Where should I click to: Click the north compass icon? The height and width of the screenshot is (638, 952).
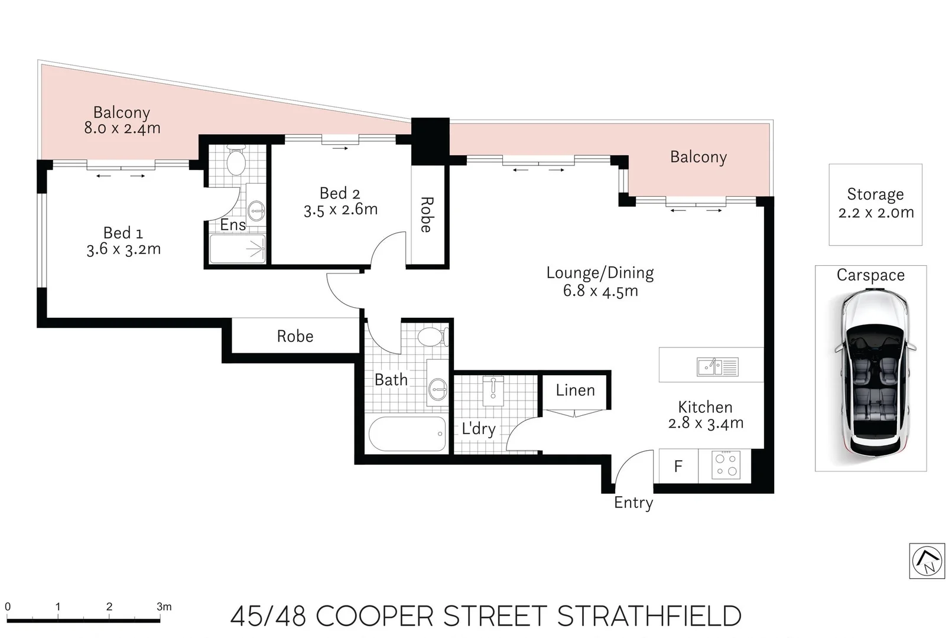(927, 561)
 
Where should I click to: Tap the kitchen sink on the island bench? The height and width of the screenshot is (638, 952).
(717, 367)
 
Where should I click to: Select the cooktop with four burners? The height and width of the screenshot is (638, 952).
(726, 465)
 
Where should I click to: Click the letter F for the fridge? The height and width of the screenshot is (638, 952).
(678, 467)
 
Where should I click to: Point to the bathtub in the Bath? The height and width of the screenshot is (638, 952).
(407, 434)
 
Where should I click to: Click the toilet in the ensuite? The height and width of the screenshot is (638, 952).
(236, 160)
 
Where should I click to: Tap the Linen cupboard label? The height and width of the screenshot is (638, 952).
(575, 390)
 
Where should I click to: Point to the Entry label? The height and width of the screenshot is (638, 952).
(633, 503)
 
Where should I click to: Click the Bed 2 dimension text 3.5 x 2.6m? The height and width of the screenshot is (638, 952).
(340, 210)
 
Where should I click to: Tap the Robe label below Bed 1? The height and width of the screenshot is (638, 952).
(295, 337)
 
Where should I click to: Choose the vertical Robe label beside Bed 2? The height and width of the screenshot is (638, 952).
(426, 214)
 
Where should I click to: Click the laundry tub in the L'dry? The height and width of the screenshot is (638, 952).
(493, 390)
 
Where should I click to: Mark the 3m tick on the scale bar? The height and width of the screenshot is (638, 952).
(160, 620)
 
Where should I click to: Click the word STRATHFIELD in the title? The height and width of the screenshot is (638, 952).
(649, 617)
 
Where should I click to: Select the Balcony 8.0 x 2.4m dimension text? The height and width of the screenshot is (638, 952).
(122, 129)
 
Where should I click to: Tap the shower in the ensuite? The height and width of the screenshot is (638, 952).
(238, 249)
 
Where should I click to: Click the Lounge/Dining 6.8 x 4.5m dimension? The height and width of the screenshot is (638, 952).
(600, 291)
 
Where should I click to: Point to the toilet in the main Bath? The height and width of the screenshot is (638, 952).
(431, 337)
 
